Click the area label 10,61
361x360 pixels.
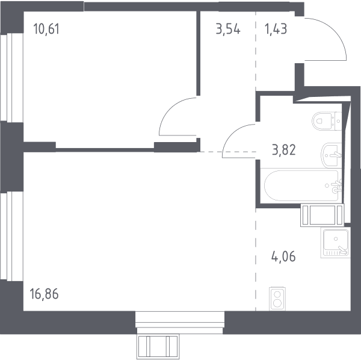46,29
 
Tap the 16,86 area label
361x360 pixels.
44,294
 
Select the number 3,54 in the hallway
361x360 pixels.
228,29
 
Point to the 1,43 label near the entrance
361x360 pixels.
276,29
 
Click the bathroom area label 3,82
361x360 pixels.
283,150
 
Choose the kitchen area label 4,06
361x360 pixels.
283,256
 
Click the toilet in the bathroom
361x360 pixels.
327,120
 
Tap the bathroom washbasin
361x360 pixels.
331,155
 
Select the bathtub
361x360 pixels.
301,185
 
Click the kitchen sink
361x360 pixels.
336,242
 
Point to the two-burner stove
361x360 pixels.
277,299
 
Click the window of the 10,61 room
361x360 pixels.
12,78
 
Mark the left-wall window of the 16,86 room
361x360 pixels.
12,236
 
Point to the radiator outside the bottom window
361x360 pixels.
158,346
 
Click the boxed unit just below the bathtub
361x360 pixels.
322,215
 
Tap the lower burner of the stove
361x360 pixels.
277,303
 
